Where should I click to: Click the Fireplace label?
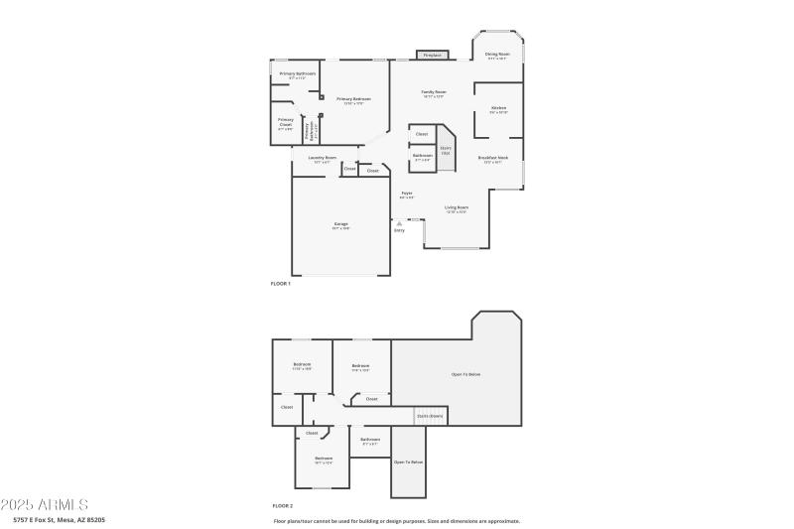point(431,56)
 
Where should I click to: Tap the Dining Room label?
point(497,55)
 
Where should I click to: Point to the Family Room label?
point(434,92)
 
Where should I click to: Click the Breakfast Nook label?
point(492,158)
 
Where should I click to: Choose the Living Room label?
point(457,207)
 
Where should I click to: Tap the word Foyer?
point(407,193)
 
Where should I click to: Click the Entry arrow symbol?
point(399,223)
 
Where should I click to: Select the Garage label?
point(340,224)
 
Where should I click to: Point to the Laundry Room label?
point(323,158)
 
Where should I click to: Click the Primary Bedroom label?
point(353,99)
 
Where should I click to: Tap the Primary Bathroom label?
point(297,74)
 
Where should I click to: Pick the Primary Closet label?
point(286,121)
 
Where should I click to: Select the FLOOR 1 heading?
point(281,284)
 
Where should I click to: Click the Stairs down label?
point(430,416)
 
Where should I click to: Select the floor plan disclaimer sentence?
point(396,520)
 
